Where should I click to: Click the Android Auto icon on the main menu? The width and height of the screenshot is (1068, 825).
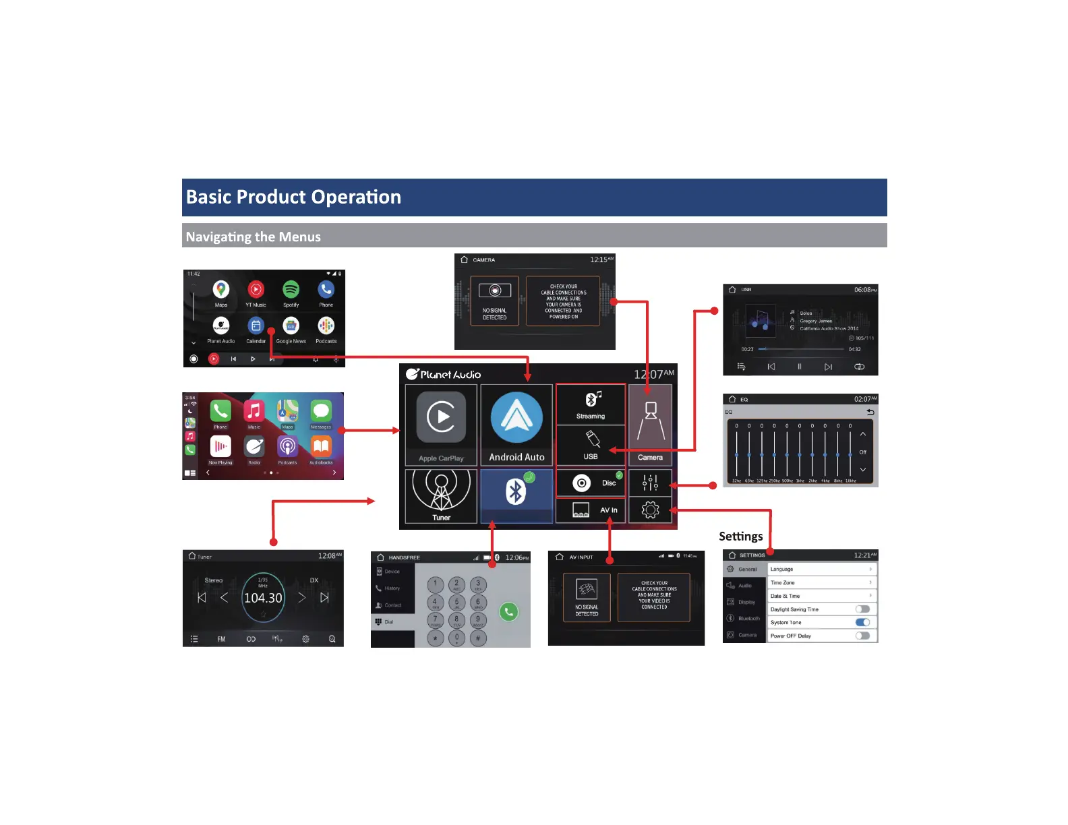(516, 419)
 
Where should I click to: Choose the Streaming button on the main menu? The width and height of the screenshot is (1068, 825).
(591, 404)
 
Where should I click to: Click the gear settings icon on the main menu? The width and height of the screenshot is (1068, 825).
(650, 510)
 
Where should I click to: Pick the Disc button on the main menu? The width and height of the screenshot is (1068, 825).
(591, 483)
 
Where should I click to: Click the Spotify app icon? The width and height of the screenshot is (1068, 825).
(291, 290)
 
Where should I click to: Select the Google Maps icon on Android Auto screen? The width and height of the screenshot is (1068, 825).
(221, 290)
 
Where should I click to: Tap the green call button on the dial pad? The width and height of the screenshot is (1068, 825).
(508, 611)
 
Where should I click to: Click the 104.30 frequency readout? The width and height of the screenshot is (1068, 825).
(263, 598)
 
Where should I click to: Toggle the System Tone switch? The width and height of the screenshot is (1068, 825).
(862, 622)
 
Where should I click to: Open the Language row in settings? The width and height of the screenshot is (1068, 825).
(821, 569)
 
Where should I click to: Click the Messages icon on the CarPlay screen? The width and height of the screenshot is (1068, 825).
(321, 410)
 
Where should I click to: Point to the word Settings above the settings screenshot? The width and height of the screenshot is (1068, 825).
(740, 537)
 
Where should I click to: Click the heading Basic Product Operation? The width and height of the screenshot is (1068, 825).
(293, 197)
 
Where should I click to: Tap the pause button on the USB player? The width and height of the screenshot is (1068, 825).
(800, 367)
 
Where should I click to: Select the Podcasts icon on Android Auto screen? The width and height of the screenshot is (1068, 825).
(326, 326)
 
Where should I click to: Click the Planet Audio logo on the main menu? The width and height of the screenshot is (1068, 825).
(444, 374)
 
